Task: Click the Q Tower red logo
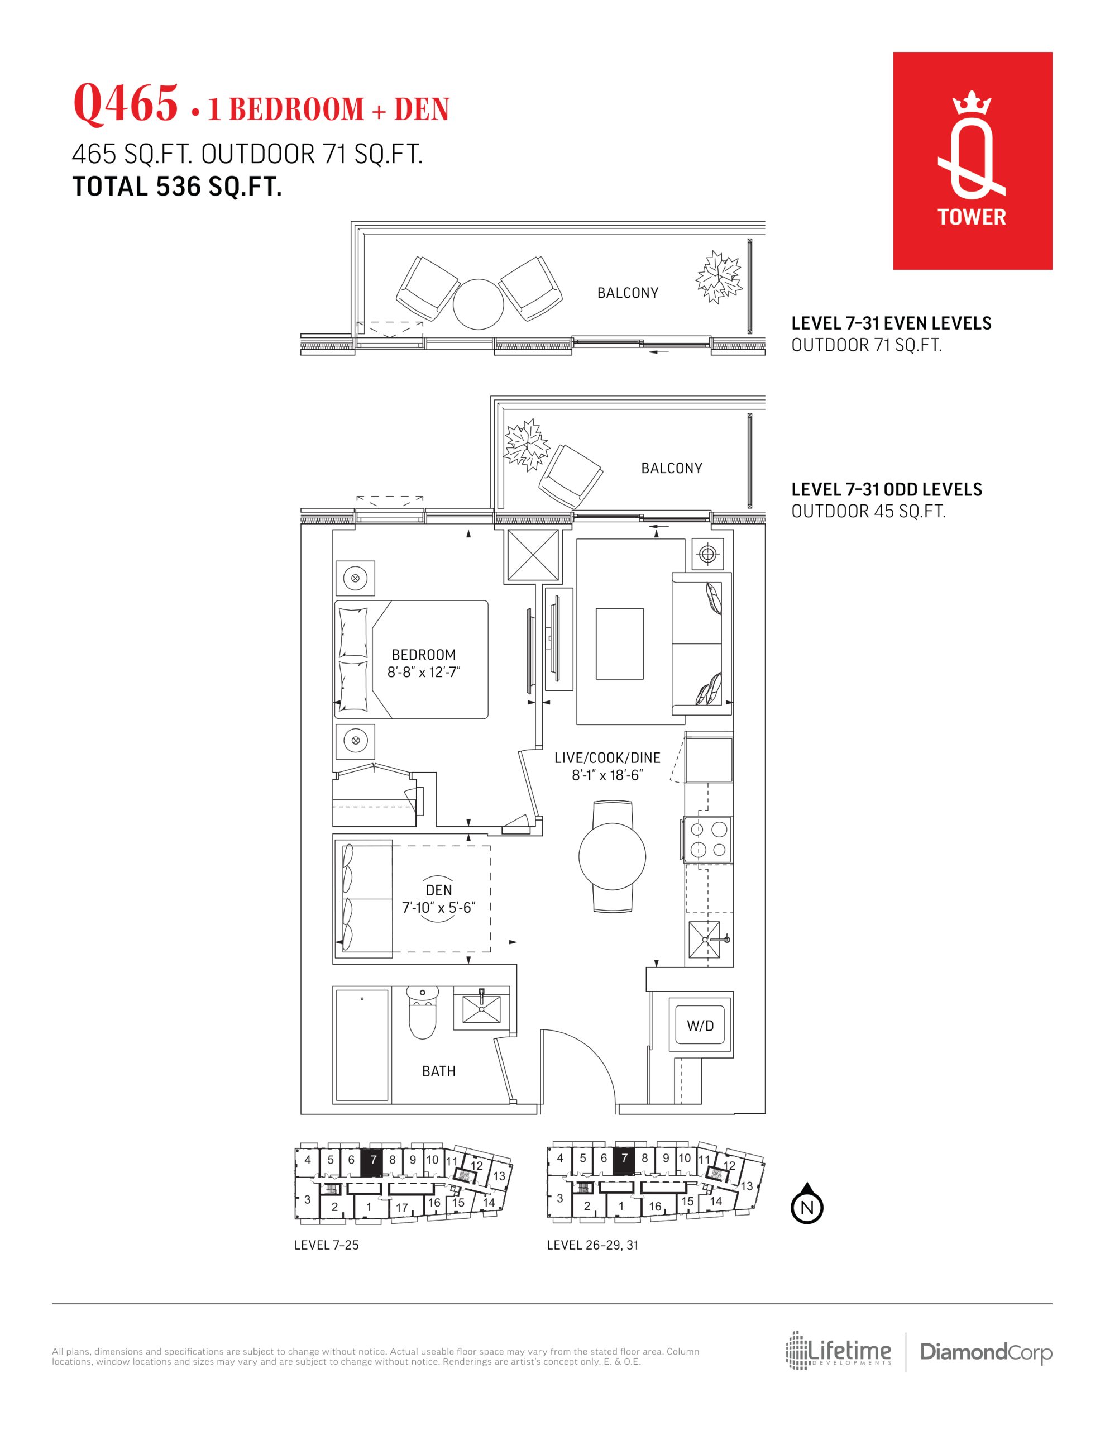point(972,160)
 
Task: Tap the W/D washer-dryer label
point(700,1026)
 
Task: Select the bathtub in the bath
point(362,1045)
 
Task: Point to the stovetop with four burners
point(707,840)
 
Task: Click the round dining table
point(612,856)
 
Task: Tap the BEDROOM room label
point(424,655)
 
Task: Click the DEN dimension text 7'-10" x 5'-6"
point(438,908)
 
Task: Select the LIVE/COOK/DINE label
point(607,757)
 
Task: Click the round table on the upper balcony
point(479,304)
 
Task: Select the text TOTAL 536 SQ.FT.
point(177,187)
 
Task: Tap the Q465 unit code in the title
point(125,103)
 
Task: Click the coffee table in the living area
point(619,643)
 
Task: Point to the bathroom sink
point(481,1009)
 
